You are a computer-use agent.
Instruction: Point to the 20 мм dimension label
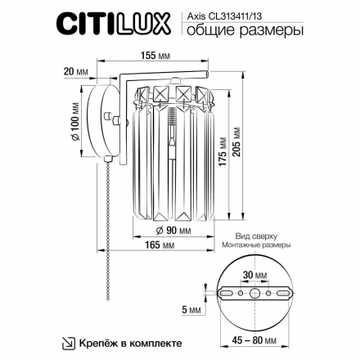coord(75,71)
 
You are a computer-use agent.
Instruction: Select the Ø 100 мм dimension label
coord(76,124)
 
